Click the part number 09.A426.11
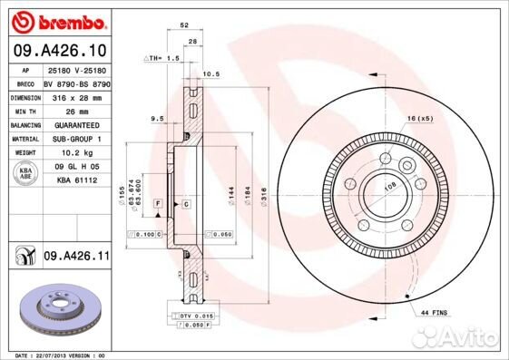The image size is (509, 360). pyautogui.click(x=76, y=258)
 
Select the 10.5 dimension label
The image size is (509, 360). pyautogui.click(x=214, y=73)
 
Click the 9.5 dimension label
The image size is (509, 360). pyautogui.click(x=157, y=118)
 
